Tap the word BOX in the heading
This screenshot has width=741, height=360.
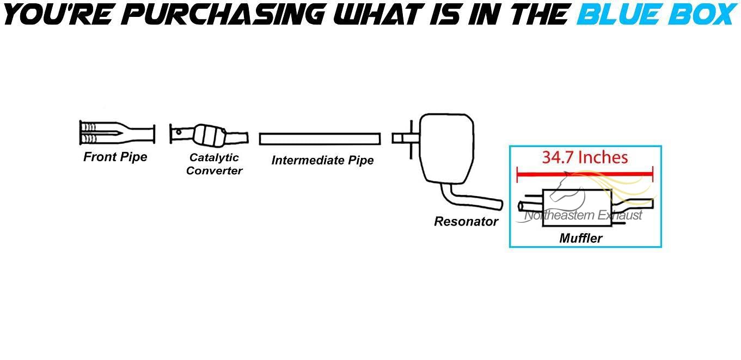pos(701,15)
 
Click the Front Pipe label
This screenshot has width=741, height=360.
pos(115,157)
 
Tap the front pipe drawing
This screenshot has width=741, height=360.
pos(117,133)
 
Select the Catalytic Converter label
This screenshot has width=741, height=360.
pos(214,164)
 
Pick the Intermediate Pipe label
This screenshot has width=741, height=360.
pos(322,160)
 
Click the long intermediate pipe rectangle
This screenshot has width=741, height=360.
pos(320,138)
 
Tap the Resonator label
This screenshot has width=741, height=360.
pos(466,222)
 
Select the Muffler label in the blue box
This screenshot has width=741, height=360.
pos(580,238)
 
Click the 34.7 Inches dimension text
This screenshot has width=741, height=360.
pos(585,158)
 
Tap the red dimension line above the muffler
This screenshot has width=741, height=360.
pos(585,174)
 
